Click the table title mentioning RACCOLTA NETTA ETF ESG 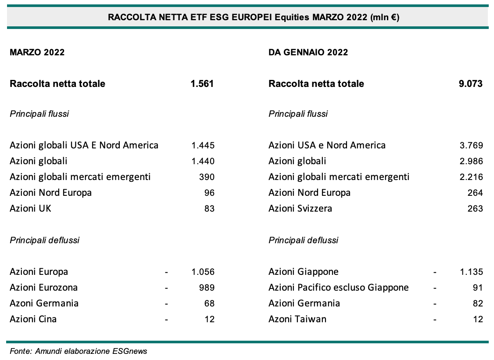pyautogui.click(x=247, y=18)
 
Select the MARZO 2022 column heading pyautogui.click(x=37, y=52)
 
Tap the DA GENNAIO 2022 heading pyautogui.click(x=308, y=52)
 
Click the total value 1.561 pyautogui.click(x=202, y=83)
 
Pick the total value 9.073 pyautogui.click(x=470, y=83)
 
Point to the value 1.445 pyautogui.click(x=203, y=145)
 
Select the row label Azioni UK pyautogui.click(x=30, y=209)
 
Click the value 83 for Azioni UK pyautogui.click(x=209, y=209)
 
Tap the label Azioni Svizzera pyautogui.click(x=300, y=209)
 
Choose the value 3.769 pyautogui.click(x=471, y=145)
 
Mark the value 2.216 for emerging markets pyautogui.click(x=471, y=177)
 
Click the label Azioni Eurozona pyautogui.click(x=43, y=288)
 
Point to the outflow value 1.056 pyautogui.click(x=203, y=272)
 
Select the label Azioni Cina pyautogui.click(x=33, y=319)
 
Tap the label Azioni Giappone pyautogui.click(x=303, y=272)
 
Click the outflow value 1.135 pyautogui.click(x=471, y=272)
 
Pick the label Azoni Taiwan pyautogui.click(x=297, y=319)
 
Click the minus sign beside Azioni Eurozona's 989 pyautogui.click(x=166, y=288)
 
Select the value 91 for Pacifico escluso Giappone pyautogui.click(x=477, y=288)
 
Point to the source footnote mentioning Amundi pyautogui.click(x=78, y=352)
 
